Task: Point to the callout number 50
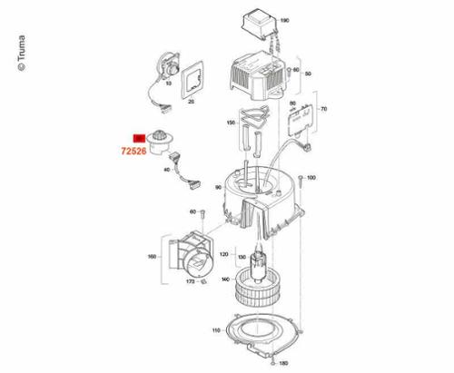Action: tap(308, 72)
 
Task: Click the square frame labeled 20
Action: tap(193, 82)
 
